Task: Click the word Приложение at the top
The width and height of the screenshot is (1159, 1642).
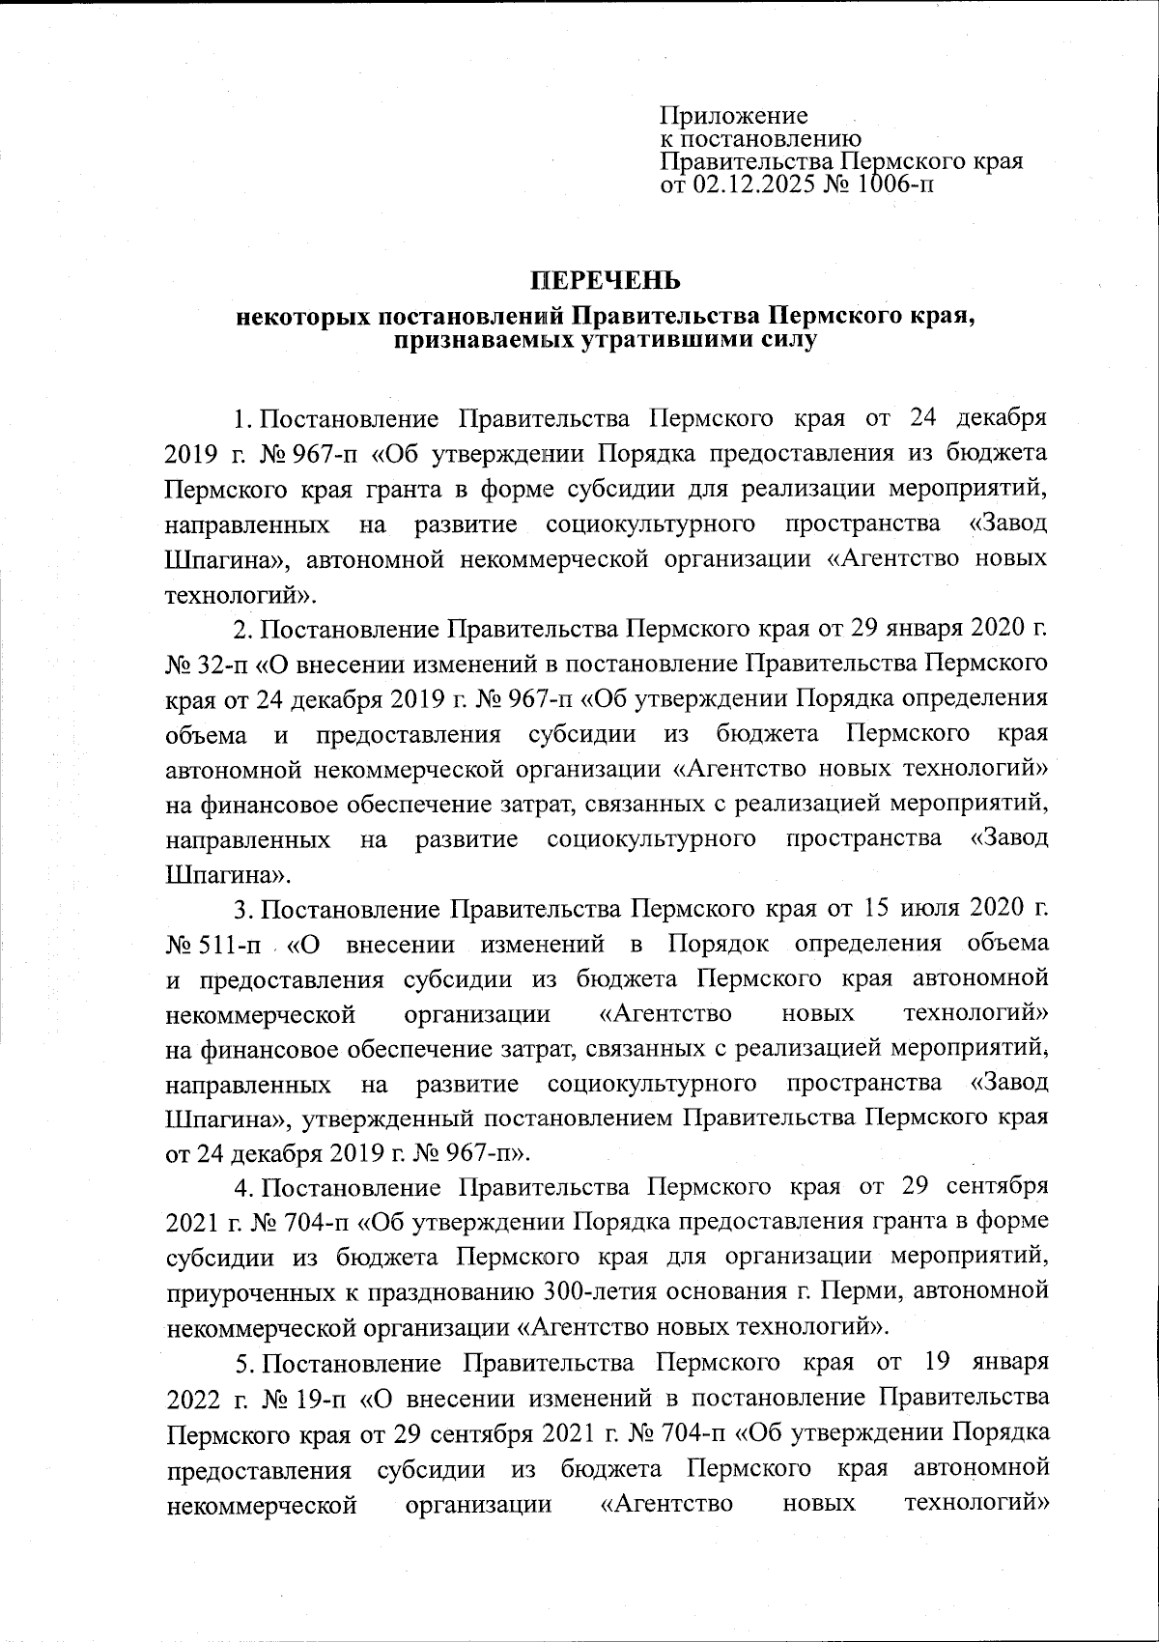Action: click(733, 117)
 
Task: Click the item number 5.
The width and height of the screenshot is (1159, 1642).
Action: click(244, 1362)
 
